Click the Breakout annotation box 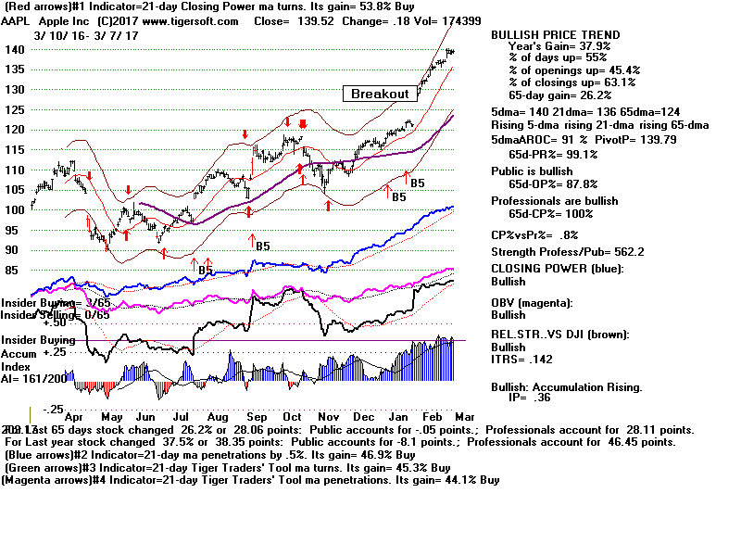pyautogui.click(x=380, y=94)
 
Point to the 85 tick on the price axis pyautogui.click(x=11, y=271)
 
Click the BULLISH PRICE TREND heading pyautogui.click(x=556, y=35)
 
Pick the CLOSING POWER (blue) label pyautogui.click(x=558, y=269)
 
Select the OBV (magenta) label pyautogui.click(x=533, y=302)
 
